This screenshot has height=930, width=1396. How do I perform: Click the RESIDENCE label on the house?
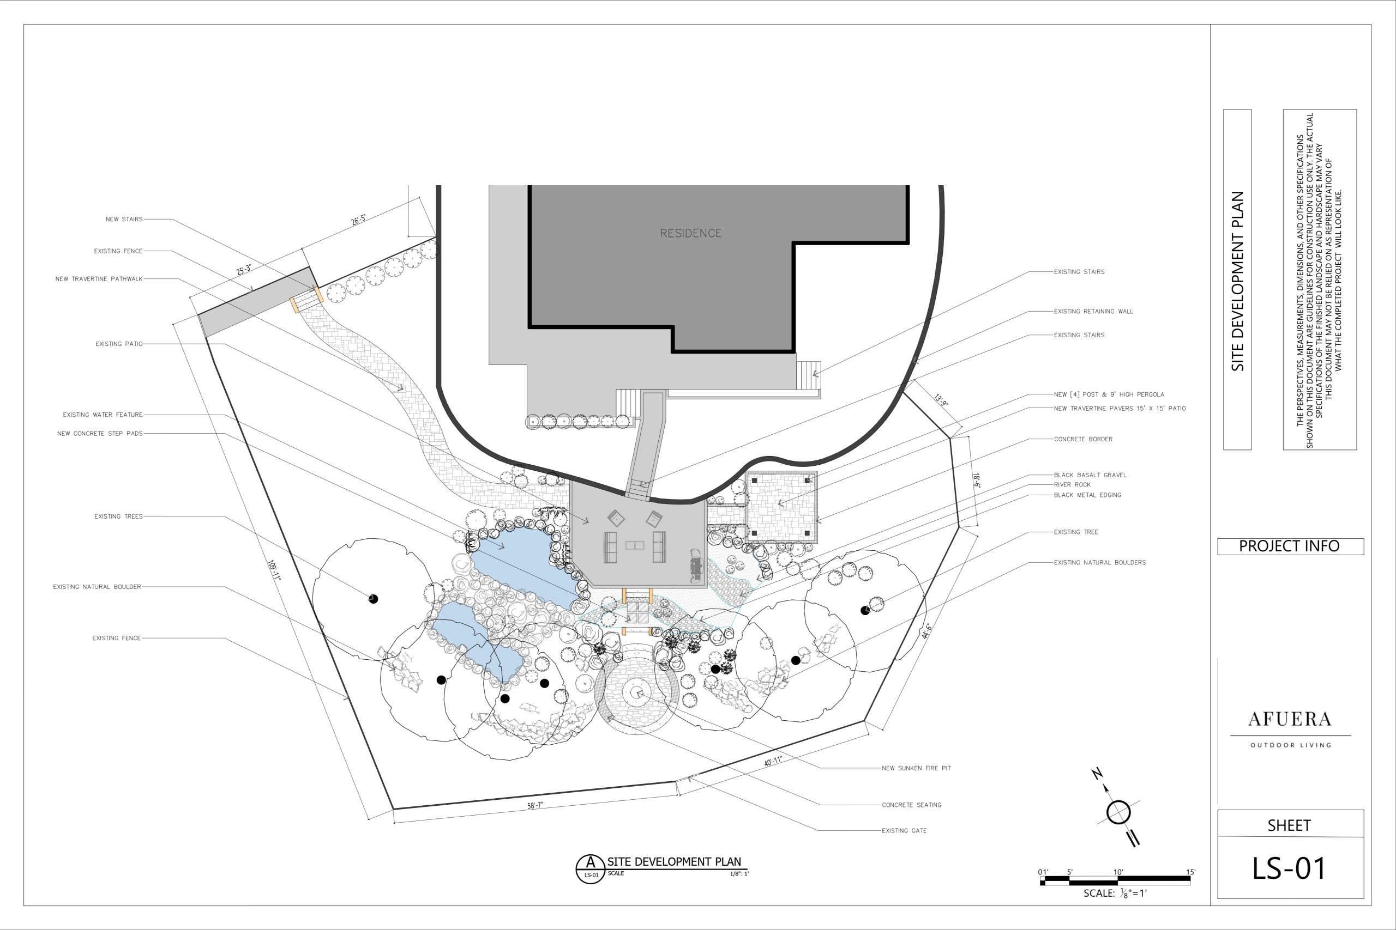point(690,233)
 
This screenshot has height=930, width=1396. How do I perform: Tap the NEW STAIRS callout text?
point(124,220)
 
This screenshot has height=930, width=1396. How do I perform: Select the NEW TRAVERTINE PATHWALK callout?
point(99,279)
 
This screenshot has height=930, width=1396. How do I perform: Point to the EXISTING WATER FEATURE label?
point(103,415)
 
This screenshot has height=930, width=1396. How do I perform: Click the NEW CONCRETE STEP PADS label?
point(100,434)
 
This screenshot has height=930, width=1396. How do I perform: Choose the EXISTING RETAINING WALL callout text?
point(1093,312)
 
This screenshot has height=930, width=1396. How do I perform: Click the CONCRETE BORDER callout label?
point(1083,440)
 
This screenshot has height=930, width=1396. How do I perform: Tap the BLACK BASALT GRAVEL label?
point(1090,475)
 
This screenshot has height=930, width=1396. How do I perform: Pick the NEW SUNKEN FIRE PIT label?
point(916,768)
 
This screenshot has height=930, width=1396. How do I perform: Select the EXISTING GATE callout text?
point(904,831)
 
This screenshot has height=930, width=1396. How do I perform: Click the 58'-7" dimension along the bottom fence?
point(535,805)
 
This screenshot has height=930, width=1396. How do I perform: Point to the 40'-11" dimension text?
point(773,762)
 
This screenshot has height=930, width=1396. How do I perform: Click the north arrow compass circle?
point(1118,812)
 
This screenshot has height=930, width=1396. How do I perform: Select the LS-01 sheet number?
point(1289,868)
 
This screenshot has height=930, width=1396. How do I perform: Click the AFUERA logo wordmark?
point(1289,720)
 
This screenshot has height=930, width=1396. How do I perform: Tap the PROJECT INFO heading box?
point(1290,546)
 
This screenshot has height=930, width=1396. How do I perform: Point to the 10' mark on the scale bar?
point(1118,872)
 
